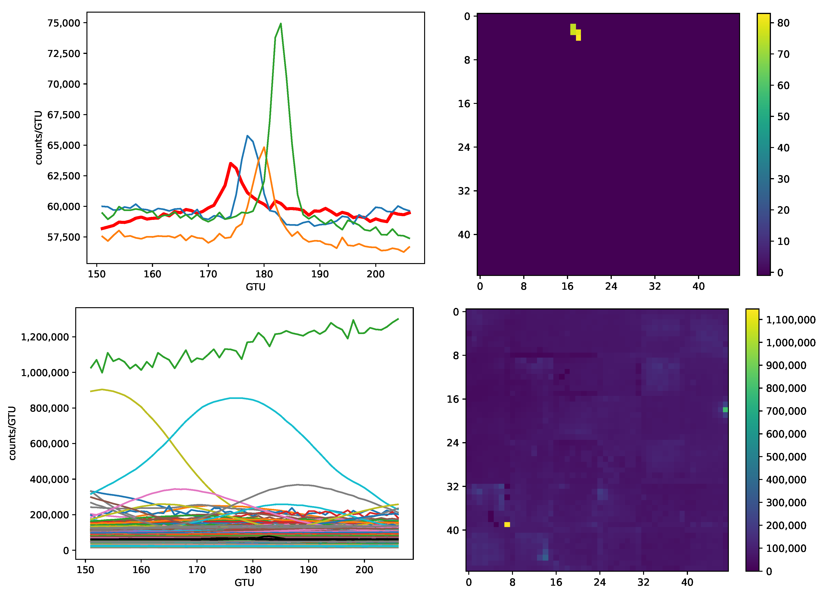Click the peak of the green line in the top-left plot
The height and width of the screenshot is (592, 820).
(x=281, y=24)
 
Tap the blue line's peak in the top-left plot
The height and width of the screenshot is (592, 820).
(x=247, y=136)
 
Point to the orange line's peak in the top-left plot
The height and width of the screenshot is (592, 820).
(x=264, y=147)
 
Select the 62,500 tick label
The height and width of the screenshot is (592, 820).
(x=64, y=176)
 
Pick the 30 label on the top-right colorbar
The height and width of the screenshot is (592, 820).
(x=783, y=179)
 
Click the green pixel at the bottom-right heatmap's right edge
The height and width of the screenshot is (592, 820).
(x=725, y=410)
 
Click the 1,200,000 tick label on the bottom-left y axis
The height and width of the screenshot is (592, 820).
(x=45, y=337)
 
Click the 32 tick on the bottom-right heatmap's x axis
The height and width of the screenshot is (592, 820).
(x=643, y=582)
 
